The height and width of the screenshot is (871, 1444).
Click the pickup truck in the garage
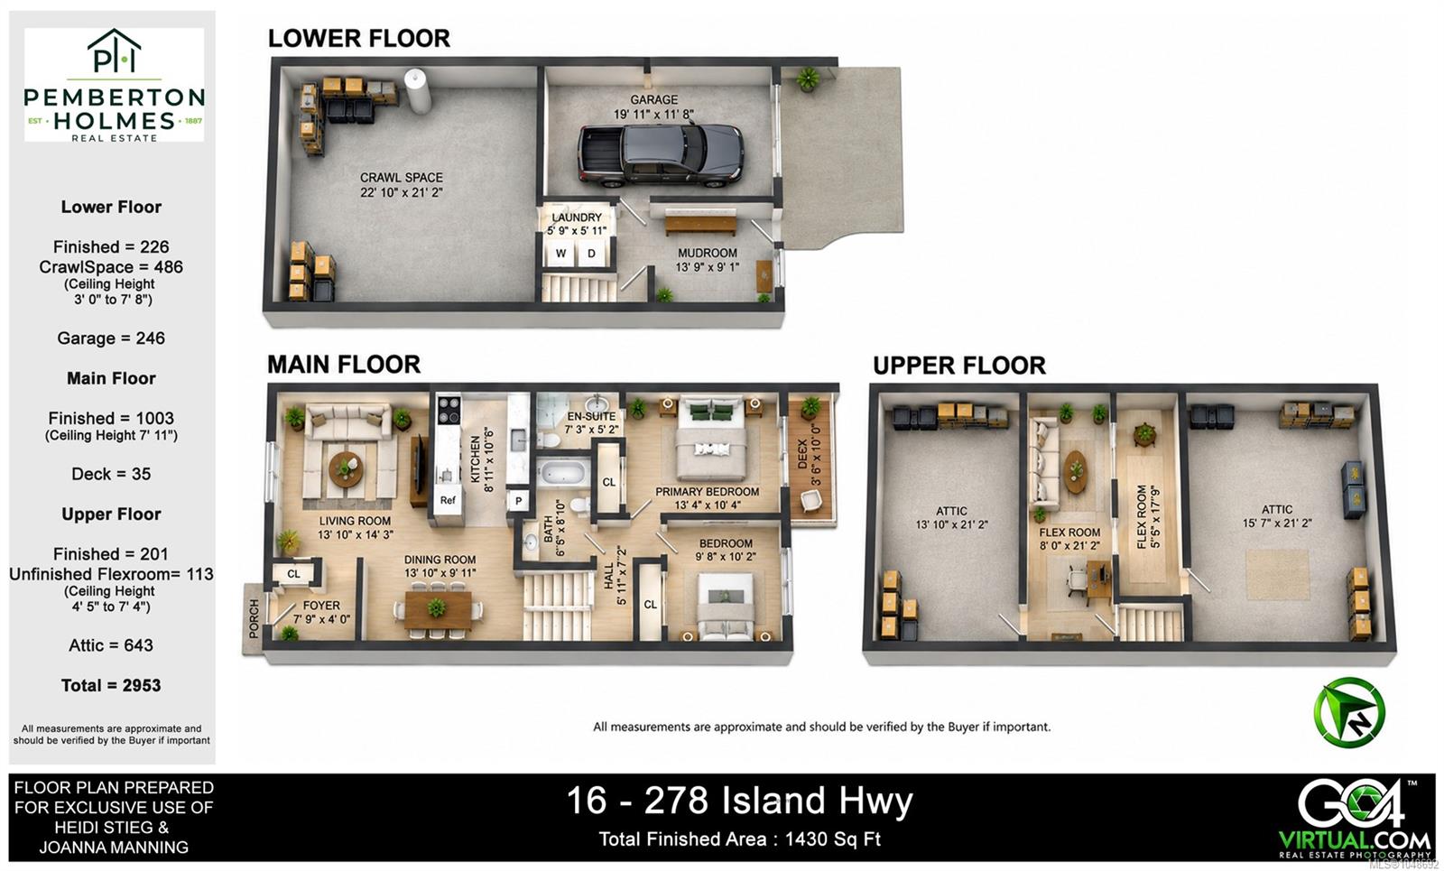660,154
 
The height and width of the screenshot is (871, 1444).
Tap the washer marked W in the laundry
560,254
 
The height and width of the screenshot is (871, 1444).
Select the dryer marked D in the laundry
591,254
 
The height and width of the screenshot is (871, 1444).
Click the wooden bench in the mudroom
700,225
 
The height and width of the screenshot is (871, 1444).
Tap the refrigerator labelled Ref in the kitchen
448,500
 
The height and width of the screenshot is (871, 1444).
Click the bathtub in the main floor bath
562,473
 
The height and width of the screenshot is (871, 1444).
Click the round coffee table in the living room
347,468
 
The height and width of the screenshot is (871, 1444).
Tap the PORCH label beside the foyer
254,619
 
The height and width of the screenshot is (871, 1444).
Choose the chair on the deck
810,500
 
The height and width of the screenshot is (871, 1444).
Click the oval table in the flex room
1075,471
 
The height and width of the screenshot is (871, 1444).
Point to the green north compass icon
1348,712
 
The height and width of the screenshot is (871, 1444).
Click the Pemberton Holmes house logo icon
114,51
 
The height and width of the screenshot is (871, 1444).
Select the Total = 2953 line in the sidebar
111,685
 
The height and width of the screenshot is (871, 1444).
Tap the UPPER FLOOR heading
959,366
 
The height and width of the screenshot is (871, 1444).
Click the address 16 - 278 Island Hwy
739,801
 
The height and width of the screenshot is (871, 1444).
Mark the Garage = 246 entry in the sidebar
111,338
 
